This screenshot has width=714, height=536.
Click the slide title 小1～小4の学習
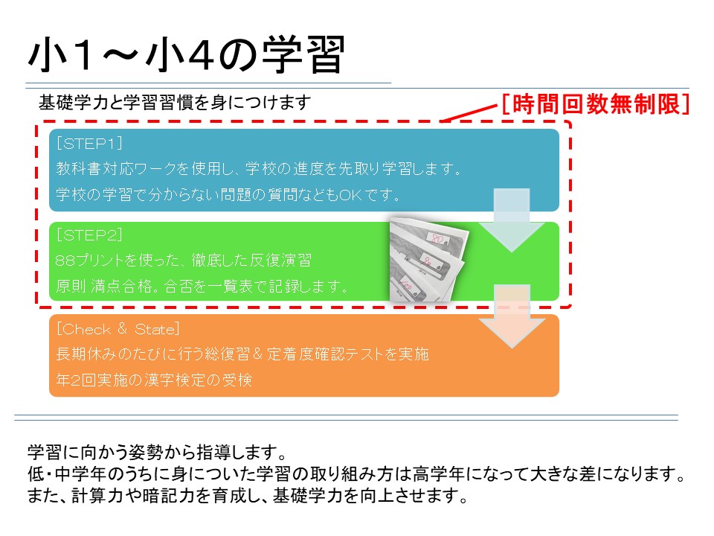[x=187, y=54]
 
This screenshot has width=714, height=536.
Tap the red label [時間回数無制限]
[x=596, y=104]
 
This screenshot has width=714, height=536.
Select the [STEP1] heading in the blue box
[x=89, y=144]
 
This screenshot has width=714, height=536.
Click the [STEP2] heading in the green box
[x=89, y=235]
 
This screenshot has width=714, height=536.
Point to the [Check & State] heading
[x=118, y=328]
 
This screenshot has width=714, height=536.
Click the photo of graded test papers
[x=429, y=260]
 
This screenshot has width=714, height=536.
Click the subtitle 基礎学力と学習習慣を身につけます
[x=175, y=102]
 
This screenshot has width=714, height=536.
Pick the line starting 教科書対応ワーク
[x=259, y=169]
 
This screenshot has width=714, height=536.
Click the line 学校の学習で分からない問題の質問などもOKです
[x=228, y=194]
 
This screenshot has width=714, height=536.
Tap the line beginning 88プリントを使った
[x=184, y=261]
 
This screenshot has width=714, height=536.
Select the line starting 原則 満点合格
[x=202, y=286]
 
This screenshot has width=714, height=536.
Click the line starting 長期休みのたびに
[x=242, y=354]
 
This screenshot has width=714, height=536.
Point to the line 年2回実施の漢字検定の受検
[x=154, y=380]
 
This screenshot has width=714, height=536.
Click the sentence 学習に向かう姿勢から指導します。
[x=158, y=452]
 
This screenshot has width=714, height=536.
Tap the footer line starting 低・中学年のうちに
[x=356, y=474]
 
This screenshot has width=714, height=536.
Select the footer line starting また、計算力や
[x=248, y=496]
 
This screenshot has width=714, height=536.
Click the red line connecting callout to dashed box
[x=469, y=113]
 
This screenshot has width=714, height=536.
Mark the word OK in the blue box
[x=350, y=195]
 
